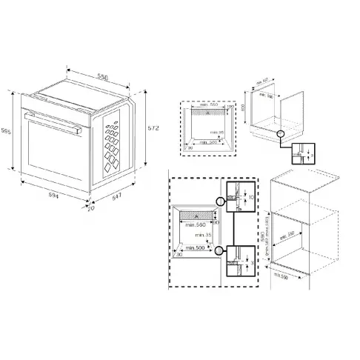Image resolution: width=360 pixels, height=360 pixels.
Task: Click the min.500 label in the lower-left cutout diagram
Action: (x=196, y=248)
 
